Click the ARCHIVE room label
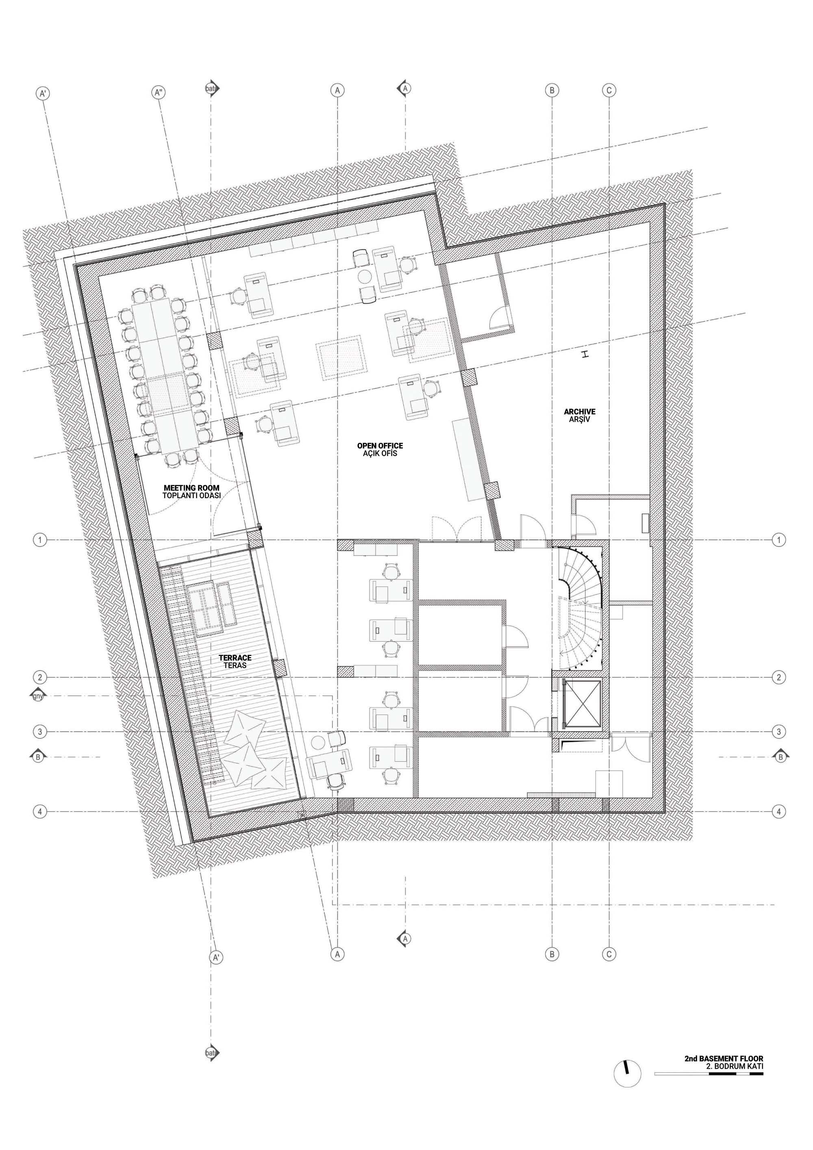pos(580,412)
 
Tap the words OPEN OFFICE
pos(380,446)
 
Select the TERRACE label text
pos(235,658)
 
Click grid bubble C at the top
pos(609,91)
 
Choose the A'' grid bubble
pos(159,93)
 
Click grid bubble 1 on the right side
pos(778,540)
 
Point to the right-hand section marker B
pos(780,757)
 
